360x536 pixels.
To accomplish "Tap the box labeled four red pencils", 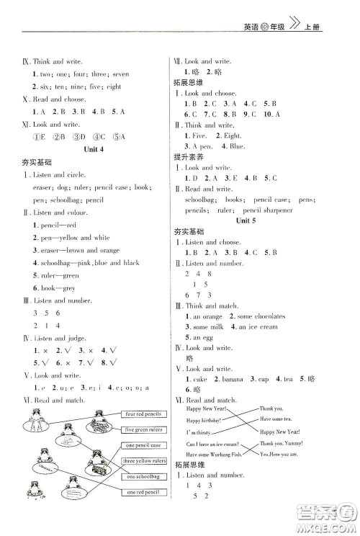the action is click(x=145, y=414).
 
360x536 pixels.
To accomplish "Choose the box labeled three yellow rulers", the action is click(x=145, y=461).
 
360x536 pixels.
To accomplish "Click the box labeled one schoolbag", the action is click(x=143, y=476).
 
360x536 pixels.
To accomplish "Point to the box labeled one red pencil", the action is click(x=143, y=492).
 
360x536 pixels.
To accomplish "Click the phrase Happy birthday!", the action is click(x=206, y=420).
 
